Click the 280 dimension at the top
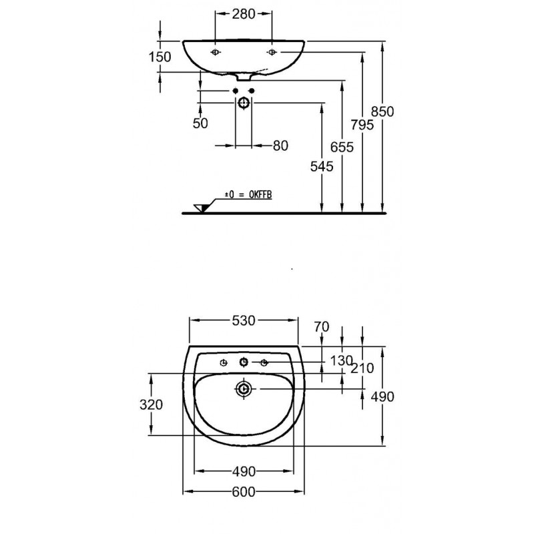click(244, 14)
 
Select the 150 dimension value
click(160, 57)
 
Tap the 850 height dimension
click(382, 111)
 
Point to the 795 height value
click(362, 125)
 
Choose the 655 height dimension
click(342, 147)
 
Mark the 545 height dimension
click(322, 166)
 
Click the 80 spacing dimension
click(280, 146)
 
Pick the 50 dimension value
click(200, 123)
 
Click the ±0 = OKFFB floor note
click(248, 195)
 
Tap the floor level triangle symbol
click(201, 208)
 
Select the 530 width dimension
click(244, 320)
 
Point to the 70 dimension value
click(322, 327)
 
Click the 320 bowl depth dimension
click(151, 405)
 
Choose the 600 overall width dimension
click(244, 492)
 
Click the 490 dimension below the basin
click(244, 472)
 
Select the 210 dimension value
click(362, 368)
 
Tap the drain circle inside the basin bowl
click(244, 388)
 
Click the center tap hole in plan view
click(244, 362)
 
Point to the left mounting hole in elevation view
click(215, 52)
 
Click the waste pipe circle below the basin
click(244, 103)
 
